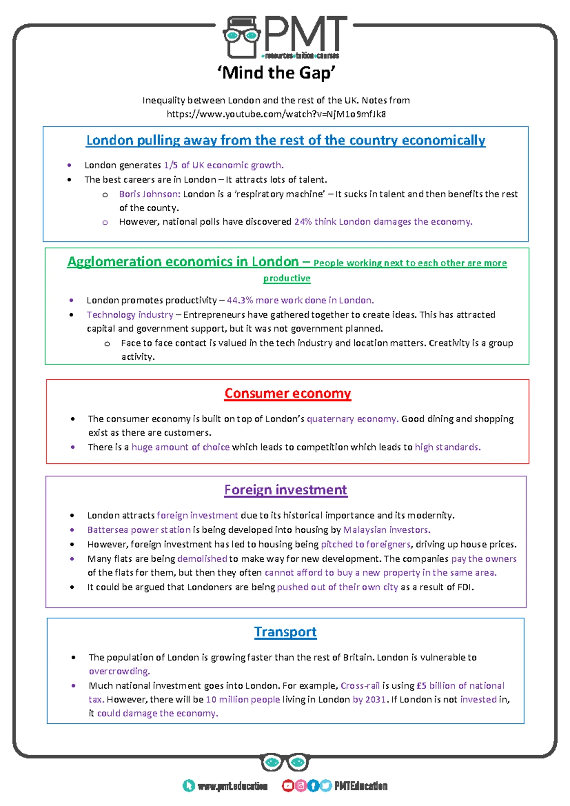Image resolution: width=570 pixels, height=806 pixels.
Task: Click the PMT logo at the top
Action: tap(285, 37)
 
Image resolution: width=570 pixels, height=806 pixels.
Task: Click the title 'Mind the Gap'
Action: tap(276, 73)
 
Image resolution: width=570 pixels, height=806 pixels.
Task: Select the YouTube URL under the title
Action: tap(276, 114)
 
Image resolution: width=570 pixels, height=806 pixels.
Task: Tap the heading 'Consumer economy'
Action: tap(287, 393)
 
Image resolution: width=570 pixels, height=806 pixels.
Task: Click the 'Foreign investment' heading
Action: tap(285, 490)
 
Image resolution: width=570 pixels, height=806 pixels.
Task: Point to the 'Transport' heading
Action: tap(285, 632)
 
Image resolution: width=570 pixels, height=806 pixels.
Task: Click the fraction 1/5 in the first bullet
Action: tap(171, 165)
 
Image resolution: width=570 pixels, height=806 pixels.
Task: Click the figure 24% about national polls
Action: tap(303, 222)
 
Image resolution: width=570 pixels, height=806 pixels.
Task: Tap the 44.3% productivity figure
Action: tap(239, 300)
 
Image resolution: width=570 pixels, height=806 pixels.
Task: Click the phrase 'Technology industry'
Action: tap(130, 315)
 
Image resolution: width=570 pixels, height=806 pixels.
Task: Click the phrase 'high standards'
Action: tap(447, 447)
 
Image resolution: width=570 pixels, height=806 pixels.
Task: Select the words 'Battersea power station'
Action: tap(139, 530)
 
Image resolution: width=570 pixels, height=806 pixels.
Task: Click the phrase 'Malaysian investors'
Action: tap(386, 530)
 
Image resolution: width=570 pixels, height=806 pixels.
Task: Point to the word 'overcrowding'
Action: tap(119, 671)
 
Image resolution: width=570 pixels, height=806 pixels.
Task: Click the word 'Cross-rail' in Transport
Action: tap(360, 686)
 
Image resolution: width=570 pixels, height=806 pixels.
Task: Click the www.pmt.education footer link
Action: tap(232, 787)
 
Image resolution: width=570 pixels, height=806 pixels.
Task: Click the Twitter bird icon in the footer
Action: tap(325, 786)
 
